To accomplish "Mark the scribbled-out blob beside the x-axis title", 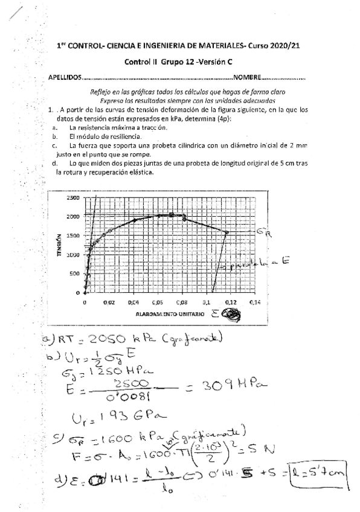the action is pos(231,315).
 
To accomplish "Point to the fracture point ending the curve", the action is pos(227,232).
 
